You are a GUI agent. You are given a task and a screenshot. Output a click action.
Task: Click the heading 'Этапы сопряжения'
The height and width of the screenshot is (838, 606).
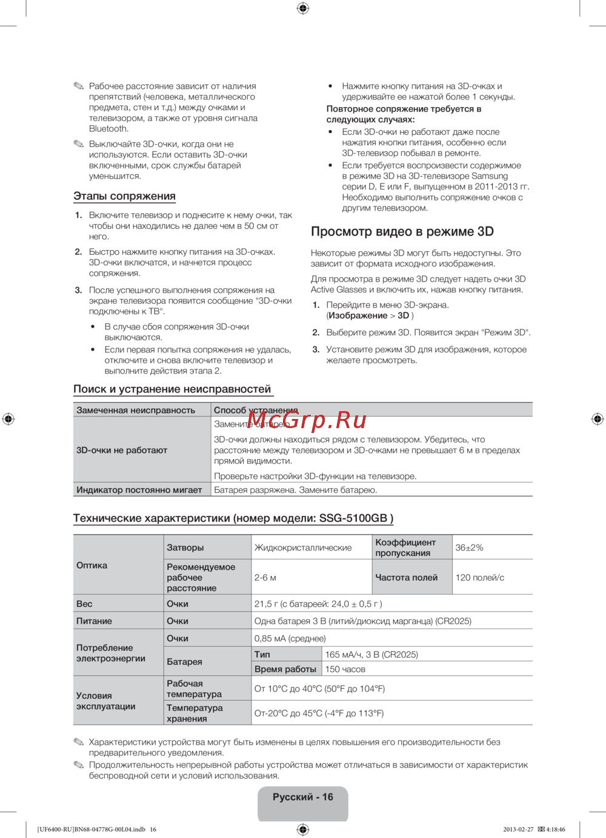click(x=124, y=196)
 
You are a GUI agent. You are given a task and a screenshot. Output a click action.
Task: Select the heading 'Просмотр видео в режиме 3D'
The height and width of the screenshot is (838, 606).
click(x=402, y=231)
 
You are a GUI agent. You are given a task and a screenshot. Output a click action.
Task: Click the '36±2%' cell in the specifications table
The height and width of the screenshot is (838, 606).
click(x=469, y=547)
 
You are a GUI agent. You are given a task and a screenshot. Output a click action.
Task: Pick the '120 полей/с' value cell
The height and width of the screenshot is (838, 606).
click(x=479, y=578)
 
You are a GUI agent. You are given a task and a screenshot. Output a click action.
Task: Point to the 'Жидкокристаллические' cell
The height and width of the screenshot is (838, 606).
click(x=303, y=547)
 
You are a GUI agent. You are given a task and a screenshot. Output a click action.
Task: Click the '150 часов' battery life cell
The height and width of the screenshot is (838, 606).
click(x=345, y=669)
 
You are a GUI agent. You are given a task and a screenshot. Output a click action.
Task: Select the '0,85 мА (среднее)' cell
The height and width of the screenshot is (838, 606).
click(x=290, y=638)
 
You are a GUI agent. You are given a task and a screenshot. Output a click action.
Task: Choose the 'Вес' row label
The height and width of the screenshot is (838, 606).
click(x=85, y=604)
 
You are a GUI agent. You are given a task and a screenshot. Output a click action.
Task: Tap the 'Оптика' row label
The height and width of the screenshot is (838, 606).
click(x=92, y=566)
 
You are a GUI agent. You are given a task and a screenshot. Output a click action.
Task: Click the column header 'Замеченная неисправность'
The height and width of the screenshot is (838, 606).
click(x=136, y=410)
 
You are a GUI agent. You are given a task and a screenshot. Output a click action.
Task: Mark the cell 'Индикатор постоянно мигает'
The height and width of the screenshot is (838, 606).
click(x=139, y=490)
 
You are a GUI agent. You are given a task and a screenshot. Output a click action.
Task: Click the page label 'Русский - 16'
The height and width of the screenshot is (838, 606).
click(x=303, y=797)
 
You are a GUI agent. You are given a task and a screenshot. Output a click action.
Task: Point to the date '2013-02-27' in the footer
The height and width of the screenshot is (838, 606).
click(x=518, y=830)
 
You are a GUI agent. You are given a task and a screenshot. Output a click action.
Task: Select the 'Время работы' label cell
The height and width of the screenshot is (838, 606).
click(x=285, y=669)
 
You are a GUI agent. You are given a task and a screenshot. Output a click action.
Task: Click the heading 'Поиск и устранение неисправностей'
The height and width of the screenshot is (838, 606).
click(x=172, y=389)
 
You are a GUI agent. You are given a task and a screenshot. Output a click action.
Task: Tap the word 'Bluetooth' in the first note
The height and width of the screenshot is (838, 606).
click(x=108, y=128)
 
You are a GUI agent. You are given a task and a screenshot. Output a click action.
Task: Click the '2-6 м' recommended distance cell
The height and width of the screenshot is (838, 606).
click(x=265, y=578)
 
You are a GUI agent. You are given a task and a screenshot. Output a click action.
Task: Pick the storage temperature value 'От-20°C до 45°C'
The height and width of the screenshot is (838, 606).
click(x=319, y=713)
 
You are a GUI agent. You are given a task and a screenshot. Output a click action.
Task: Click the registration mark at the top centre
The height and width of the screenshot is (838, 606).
click(x=303, y=8)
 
